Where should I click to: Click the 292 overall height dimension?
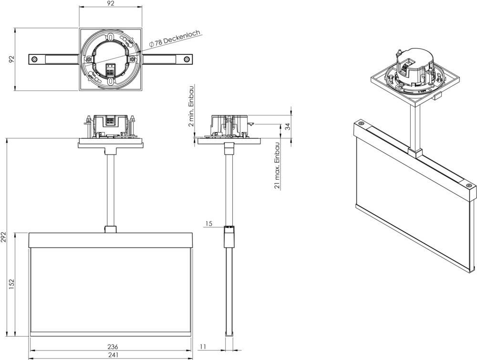click(x=4, y=237)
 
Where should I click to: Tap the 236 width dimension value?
click(x=113, y=347)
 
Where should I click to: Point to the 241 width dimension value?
click(x=113, y=355)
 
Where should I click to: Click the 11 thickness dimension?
click(x=202, y=347)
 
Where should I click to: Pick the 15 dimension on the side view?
click(x=209, y=224)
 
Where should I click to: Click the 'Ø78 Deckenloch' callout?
click(x=175, y=39)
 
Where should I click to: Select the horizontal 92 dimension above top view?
click(x=111, y=3)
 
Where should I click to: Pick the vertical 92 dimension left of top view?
click(x=12, y=59)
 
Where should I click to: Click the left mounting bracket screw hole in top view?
click(x=34, y=59)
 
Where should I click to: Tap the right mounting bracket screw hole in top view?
click(x=187, y=59)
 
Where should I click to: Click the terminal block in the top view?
click(x=110, y=70)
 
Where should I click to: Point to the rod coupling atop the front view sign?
click(x=111, y=229)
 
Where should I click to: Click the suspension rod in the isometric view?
click(x=415, y=129)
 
